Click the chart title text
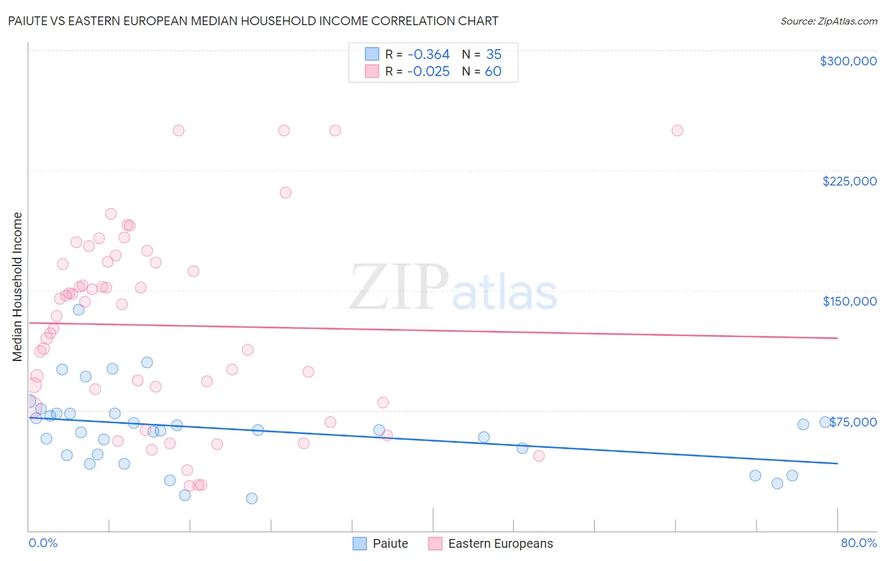(253, 21)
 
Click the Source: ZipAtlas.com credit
(828, 21)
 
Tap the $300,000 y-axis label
(848, 61)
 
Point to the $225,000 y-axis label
(849, 181)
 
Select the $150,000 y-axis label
(849, 301)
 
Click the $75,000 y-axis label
(853, 422)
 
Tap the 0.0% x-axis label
(43, 543)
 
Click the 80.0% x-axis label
(859, 543)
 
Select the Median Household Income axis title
(17, 287)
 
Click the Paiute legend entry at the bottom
(390, 543)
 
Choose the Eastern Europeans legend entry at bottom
(500, 543)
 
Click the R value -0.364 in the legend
(428, 55)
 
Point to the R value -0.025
(428, 72)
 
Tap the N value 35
(493, 55)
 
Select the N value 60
(493, 72)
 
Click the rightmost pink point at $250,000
(677, 131)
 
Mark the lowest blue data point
(252, 498)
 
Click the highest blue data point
(79, 309)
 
